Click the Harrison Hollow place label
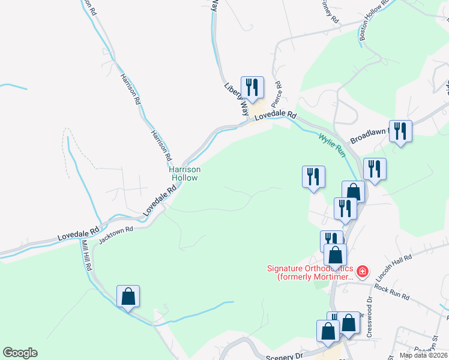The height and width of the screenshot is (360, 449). pyautogui.click(x=184, y=173)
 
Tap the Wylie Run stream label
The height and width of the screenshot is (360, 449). pyautogui.click(x=332, y=145)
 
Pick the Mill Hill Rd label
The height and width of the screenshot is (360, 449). pyautogui.click(x=86, y=256)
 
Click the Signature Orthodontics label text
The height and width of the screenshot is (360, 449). pyautogui.click(x=310, y=273)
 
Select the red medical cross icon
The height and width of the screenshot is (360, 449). pyautogui.click(x=362, y=272)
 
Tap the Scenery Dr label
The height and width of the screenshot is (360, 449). pyautogui.click(x=285, y=356)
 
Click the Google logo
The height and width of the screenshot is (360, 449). pyautogui.click(x=20, y=353)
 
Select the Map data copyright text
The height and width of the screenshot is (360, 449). pyautogui.click(x=423, y=355)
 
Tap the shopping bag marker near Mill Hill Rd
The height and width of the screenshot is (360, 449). pyautogui.click(x=128, y=296)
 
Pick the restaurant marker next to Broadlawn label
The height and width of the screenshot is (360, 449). pyautogui.click(x=400, y=131)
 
